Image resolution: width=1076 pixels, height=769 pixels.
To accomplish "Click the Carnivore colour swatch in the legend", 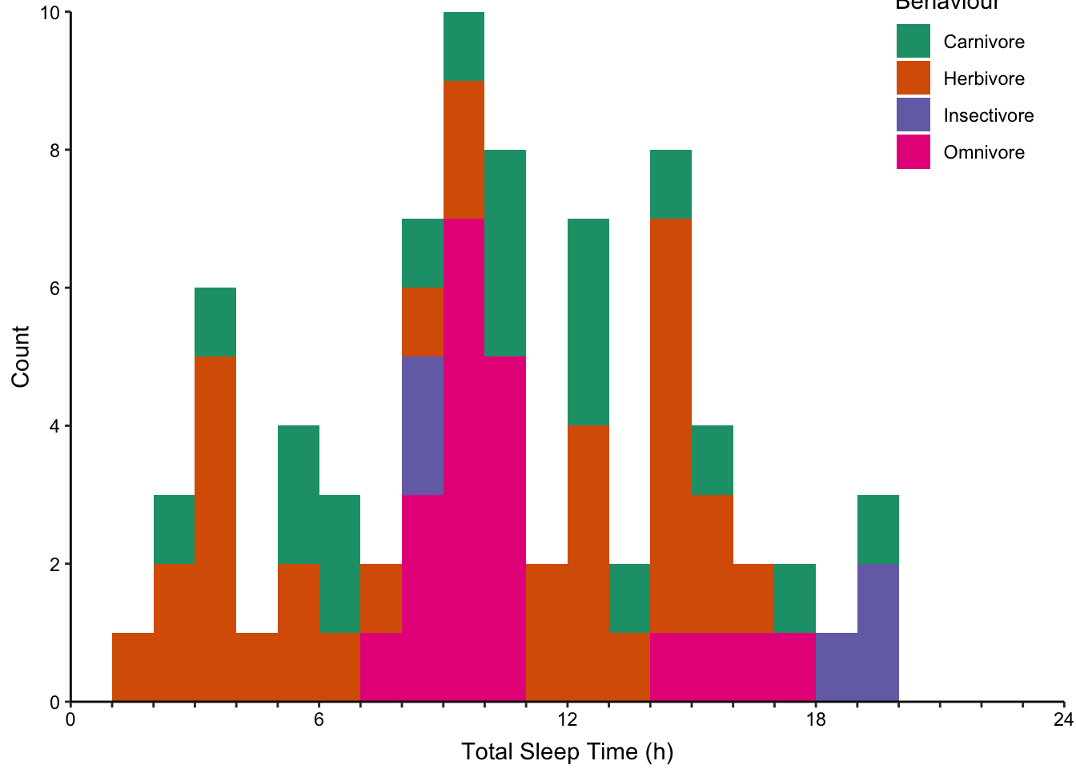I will [913, 42].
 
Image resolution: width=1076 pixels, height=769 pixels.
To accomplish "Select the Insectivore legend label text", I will [988, 115].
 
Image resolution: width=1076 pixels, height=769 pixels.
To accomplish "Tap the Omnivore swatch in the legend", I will [913, 152].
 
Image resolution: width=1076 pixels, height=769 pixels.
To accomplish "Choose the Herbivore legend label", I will [983, 79].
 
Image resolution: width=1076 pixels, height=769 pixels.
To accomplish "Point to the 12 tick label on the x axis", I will [567, 719].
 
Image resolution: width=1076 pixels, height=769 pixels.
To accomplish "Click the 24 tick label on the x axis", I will [1063, 719].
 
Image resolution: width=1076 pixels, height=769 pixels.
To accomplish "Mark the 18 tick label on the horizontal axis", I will [815, 719].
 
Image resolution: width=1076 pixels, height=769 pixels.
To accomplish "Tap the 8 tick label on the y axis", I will [54, 151].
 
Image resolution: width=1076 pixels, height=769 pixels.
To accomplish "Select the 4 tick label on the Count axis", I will [54, 426].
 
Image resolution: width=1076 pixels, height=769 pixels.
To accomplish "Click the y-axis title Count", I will [21, 356].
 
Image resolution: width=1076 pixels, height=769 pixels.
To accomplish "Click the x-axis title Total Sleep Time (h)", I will [567, 752].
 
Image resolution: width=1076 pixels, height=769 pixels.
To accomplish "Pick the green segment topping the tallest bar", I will [464, 46].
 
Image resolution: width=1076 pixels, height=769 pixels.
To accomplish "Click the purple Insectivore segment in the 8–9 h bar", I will [422, 425].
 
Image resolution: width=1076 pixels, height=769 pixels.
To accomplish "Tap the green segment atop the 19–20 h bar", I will [877, 529].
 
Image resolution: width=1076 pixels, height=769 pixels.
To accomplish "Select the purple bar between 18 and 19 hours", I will [836, 666].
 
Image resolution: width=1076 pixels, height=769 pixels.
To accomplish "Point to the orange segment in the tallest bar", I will [464, 149].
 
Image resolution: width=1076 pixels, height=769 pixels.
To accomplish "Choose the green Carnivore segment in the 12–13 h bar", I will [588, 322].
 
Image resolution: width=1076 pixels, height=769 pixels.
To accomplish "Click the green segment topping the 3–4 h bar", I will [215, 322].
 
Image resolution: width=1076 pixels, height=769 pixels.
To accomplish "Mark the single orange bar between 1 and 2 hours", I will [133, 666].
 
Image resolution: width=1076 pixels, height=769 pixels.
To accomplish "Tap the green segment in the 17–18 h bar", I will [795, 598].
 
